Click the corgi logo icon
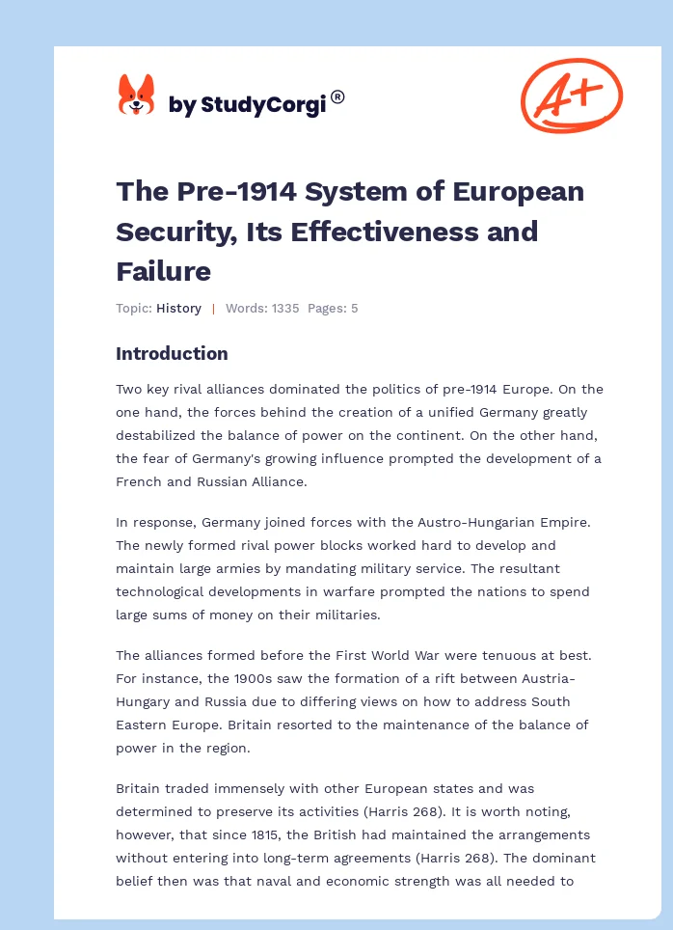pyautogui.click(x=136, y=96)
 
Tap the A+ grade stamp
pyautogui.click(x=572, y=95)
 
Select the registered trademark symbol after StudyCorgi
pyautogui.click(x=337, y=96)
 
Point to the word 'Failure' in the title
pyautogui.click(x=163, y=271)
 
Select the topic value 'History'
pyautogui.click(x=178, y=309)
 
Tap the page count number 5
pyautogui.click(x=354, y=309)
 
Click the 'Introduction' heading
pyautogui.click(x=172, y=353)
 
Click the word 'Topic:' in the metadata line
pyautogui.click(x=134, y=309)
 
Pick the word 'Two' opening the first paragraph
pyautogui.click(x=129, y=389)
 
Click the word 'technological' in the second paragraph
pyautogui.click(x=159, y=591)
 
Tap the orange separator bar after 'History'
pyautogui.click(x=213, y=309)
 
